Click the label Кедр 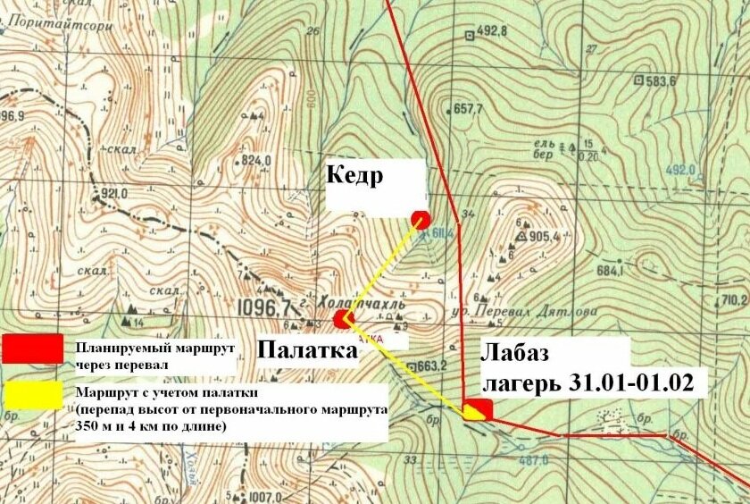point(354,175)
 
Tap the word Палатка point(307,351)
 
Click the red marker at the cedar point(421,218)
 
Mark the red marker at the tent point(341,318)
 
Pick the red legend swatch point(32,349)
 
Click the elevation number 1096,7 point(265,308)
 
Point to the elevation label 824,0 point(255,161)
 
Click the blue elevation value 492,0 point(679,170)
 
